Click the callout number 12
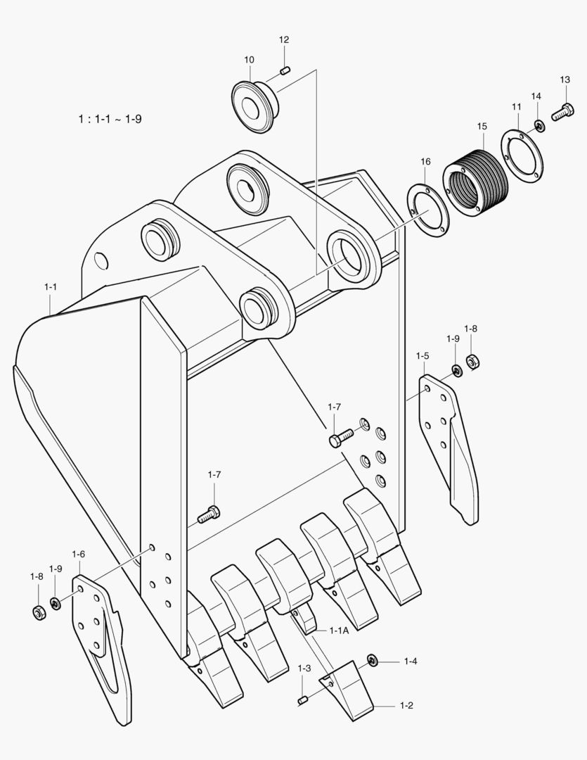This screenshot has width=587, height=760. (x=284, y=40)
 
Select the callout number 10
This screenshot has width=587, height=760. (x=250, y=60)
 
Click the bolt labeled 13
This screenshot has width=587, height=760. (x=562, y=111)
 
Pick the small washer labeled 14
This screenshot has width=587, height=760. (x=538, y=125)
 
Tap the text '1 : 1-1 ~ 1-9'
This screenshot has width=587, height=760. (x=110, y=119)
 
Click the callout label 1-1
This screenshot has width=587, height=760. (x=51, y=287)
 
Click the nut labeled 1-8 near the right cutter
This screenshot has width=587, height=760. (x=473, y=362)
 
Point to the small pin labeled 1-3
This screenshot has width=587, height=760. (x=304, y=699)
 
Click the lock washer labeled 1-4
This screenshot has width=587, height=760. (x=372, y=661)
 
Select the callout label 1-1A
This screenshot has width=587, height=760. (x=339, y=631)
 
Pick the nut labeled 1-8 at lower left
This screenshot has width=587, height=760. (x=39, y=612)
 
